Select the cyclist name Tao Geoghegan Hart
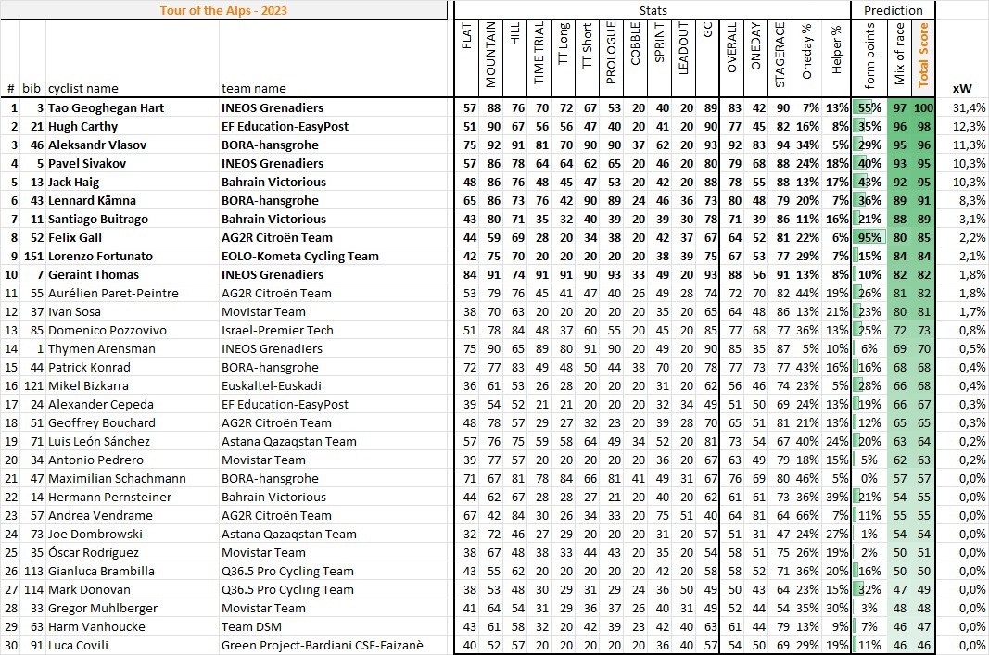106,108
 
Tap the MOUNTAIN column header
491,56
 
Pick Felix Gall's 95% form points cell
869,238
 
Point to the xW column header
961,89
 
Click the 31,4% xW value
969,108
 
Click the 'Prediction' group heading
893,10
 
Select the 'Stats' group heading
652,10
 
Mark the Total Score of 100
922,108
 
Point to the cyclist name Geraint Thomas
94,275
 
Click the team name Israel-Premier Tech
275,331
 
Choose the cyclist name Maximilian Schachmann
117,479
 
